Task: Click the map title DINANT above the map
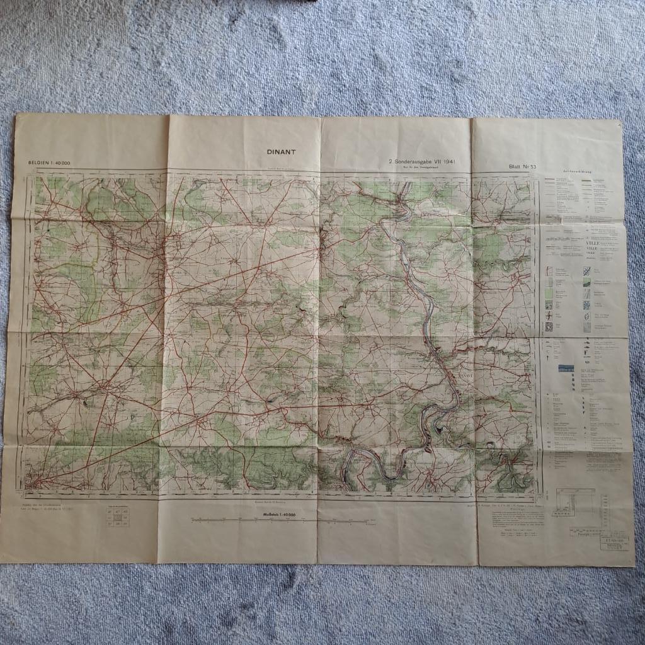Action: (x=277, y=151)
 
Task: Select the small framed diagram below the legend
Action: (x=573, y=501)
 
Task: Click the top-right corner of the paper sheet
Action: (x=619, y=120)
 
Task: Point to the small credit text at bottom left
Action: (x=47, y=510)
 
